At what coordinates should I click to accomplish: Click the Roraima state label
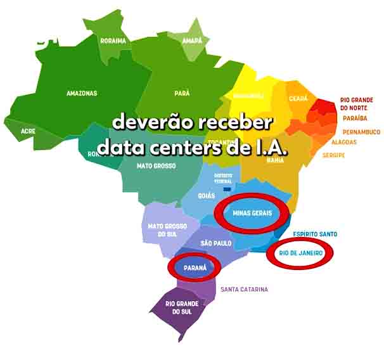[x=113, y=41]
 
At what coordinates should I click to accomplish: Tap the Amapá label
[x=191, y=41]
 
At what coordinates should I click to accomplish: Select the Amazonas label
[x=82, y=93]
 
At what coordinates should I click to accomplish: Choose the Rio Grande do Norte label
[x=356, y=104]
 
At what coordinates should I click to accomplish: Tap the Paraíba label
[x=355, y=119]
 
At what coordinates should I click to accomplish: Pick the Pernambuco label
[x=361, y=132]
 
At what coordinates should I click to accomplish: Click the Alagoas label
[x=343, y=143]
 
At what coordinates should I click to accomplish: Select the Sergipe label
[x=333, y=155]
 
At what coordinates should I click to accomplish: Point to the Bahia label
[x=275, y=160]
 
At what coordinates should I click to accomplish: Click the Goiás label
[x=207, y=196]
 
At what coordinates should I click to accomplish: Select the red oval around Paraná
[x=195, y=267]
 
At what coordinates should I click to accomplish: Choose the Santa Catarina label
[x=244, y=290]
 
